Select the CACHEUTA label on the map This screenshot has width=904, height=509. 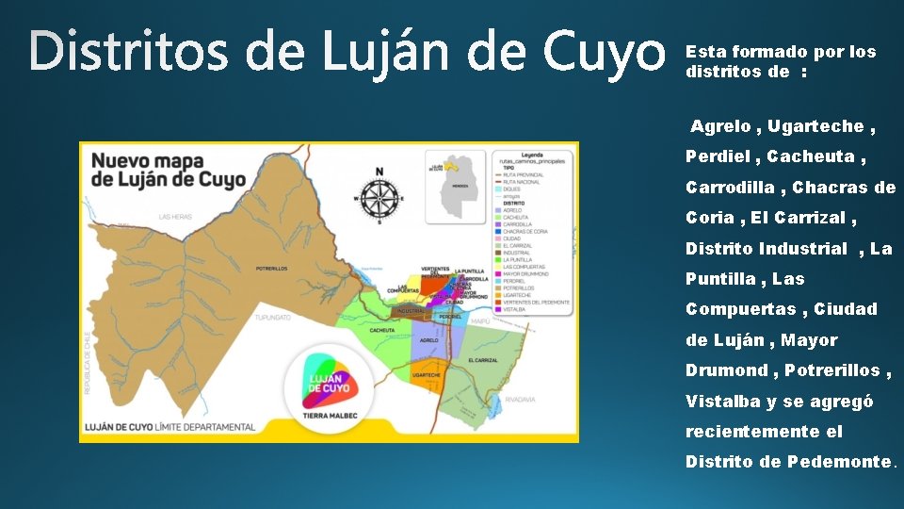point(382,331)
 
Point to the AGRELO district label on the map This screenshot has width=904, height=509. point(429,339)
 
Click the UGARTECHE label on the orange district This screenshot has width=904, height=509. point(427,374)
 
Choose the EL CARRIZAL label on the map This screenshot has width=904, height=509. point(483,360)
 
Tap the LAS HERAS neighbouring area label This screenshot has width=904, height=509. point(175,217)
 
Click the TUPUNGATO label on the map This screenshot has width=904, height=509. point(274,317)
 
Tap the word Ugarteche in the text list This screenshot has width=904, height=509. point(815,126)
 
